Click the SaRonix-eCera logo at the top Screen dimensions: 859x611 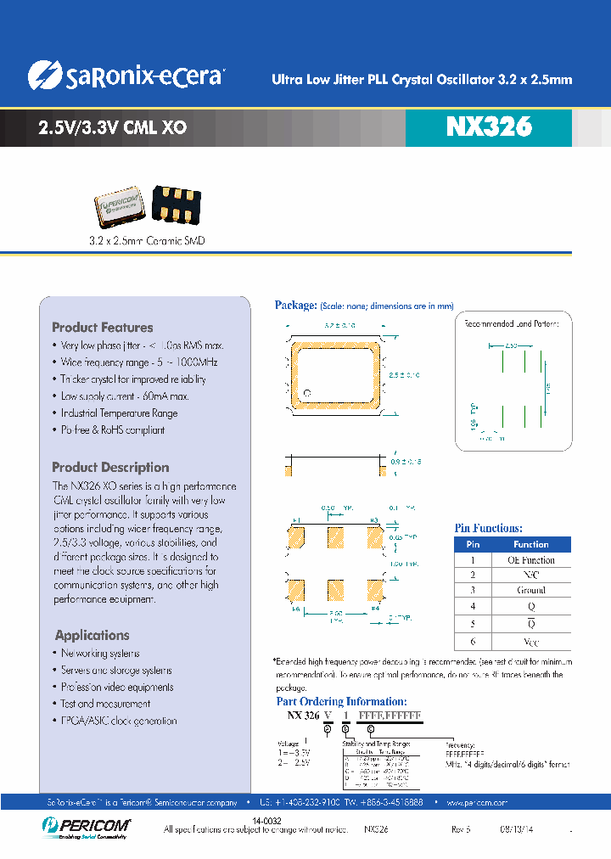coord(125,76)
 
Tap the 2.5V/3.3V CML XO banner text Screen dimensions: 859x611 coord(113,129)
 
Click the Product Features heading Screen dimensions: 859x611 coord(103,328)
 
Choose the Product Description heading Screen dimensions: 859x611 coord(110,468)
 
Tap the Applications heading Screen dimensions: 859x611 coord(92,635)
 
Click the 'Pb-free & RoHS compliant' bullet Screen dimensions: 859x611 coord(112,429)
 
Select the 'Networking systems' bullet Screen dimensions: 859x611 coord(100,654)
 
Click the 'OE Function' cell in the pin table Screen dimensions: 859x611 coord(530,560)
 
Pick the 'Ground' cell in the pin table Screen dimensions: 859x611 coord(530,590)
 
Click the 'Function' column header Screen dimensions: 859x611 coord(530,545)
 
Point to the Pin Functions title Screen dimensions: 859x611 coord(489,528)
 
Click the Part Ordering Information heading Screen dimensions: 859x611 coord(342,701)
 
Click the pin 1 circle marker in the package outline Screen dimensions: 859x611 coord(309,392)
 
